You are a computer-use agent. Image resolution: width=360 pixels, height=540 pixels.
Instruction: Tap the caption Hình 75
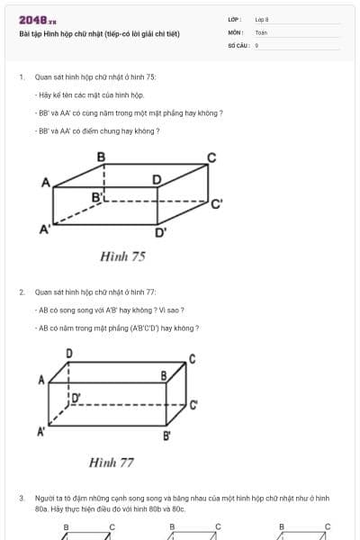pyautogui.click(x=123, y=256)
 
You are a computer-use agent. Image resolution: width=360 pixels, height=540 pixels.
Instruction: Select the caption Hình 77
pyautogui.click(x=112, y=463)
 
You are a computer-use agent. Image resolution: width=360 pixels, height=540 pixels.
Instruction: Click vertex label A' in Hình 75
pyautogui.click(x=43, y=229)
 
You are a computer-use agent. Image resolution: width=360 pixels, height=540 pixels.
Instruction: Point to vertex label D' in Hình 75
pyautogui.click(x=160, y=234)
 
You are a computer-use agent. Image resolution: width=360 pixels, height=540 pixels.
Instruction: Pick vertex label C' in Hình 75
pyautogui.click(x=216, y=204)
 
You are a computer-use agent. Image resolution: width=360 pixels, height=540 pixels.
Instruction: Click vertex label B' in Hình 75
pyautogui.click(x=96, y=195)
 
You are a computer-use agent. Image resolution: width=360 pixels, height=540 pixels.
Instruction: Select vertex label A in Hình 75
pyautogui.click(x=45, y=183)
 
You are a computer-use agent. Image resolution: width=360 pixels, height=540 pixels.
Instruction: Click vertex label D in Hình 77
pyautogui.click(x=70, y=352)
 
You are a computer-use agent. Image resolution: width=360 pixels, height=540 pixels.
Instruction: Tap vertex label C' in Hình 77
pyautogui.click(x=193, y=405)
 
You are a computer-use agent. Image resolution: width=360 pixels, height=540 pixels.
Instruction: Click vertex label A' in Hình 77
pyautogui.click(x=40, y=433)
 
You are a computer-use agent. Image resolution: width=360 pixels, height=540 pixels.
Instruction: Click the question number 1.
pyautogui.click(x=21, y=78)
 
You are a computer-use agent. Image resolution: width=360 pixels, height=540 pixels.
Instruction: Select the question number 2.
pyautogui.click(x=21, y=292)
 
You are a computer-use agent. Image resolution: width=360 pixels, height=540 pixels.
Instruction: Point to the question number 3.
pyautogui.click(x=21, y=498)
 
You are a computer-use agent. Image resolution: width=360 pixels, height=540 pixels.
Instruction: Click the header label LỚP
pyautogui.click(x=236, y=19)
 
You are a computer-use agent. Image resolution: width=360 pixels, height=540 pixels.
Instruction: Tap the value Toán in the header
pyautogui.click(x=261, y=32)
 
